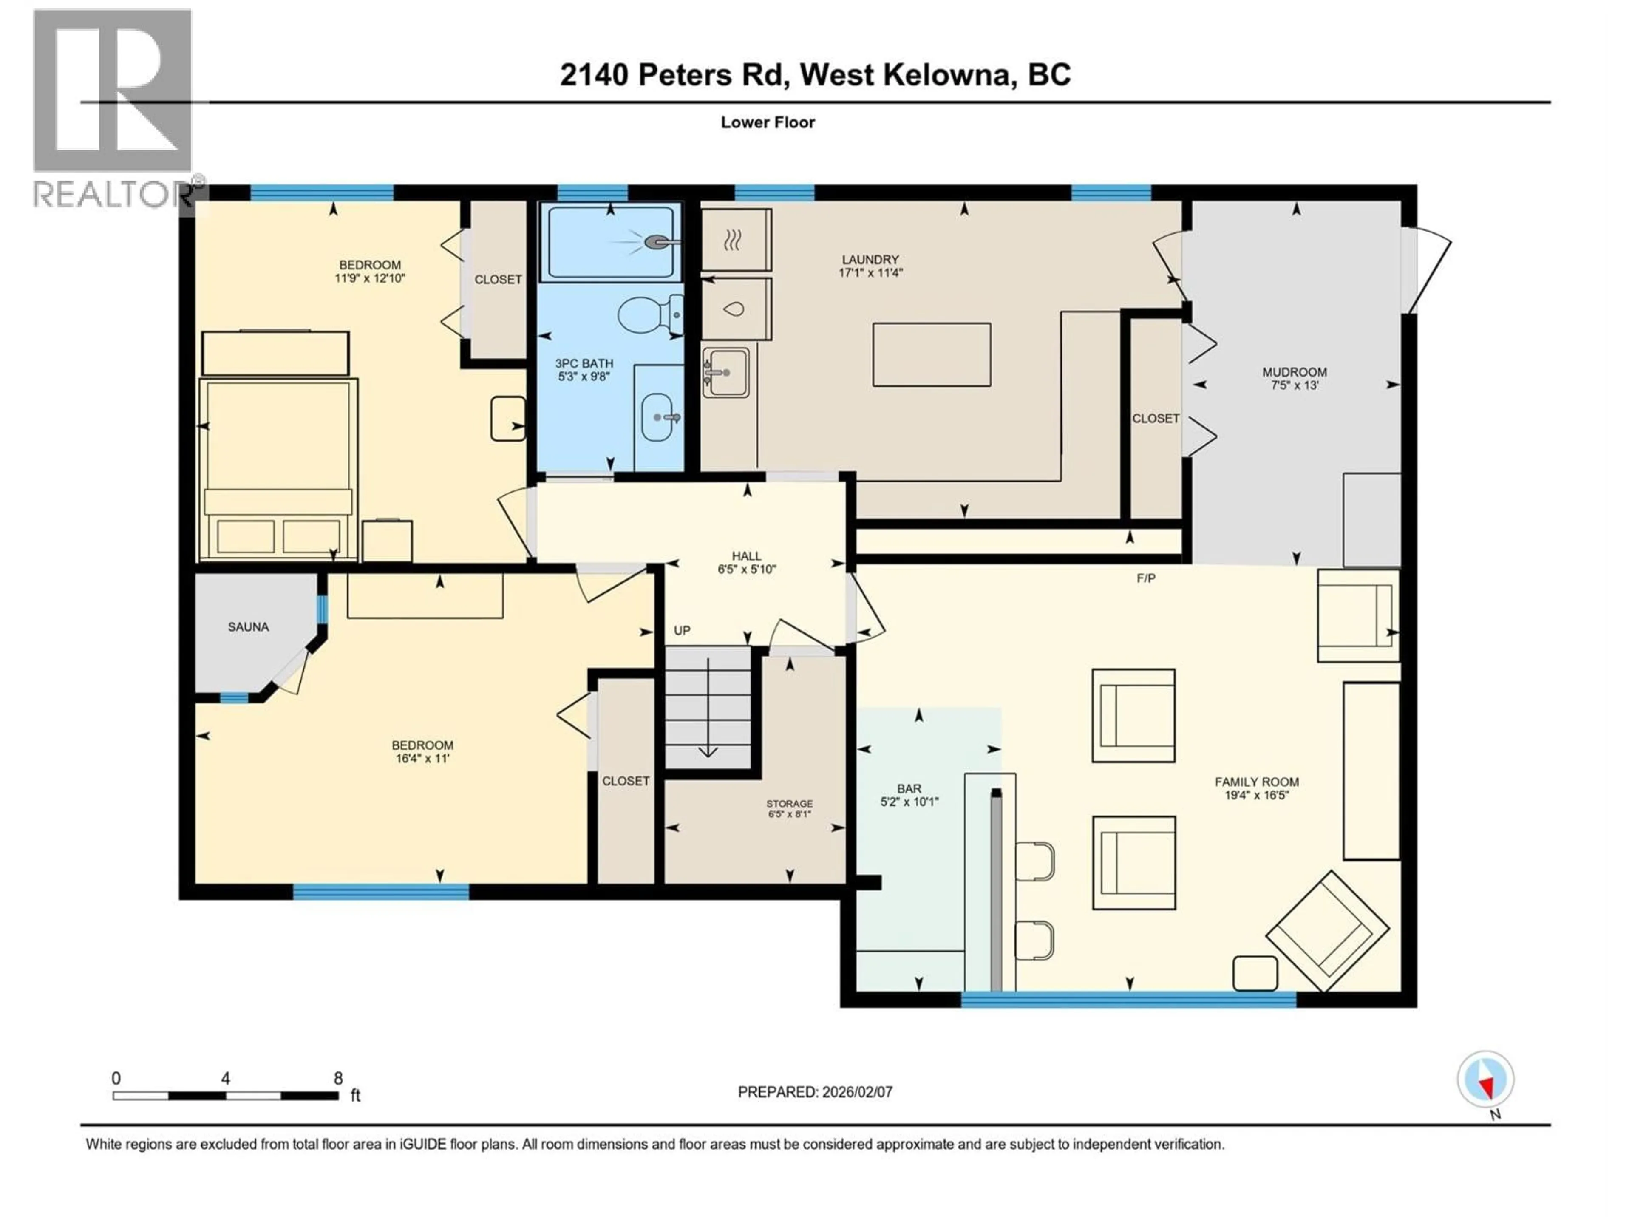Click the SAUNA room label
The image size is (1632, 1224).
[248, 627]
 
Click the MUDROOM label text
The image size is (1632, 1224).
[1294, 373]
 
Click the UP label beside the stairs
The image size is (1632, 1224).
[682, 631]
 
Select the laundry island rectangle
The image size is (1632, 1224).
[931, 355]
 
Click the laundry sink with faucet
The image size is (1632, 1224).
[725, 372]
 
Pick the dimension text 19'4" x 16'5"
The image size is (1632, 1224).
[1256, 795]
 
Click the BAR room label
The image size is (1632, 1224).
[909, 789]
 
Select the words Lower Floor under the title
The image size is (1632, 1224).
[767, 122]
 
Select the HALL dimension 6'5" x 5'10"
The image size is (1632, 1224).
[747, 569]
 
